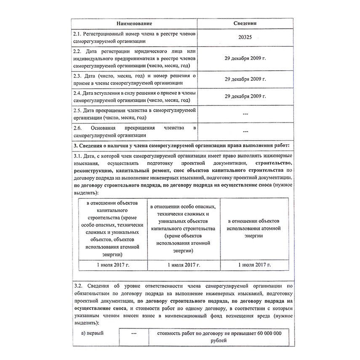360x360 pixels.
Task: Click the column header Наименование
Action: coord(134,24)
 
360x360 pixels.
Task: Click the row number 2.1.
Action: coord(77,33)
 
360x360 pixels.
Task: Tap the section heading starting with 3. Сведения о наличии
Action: coord(181,145)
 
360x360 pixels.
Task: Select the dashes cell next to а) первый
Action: coord(134,333)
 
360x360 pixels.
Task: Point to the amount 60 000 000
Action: coord(266,333)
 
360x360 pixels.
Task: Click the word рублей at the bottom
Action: coord(219,341)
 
